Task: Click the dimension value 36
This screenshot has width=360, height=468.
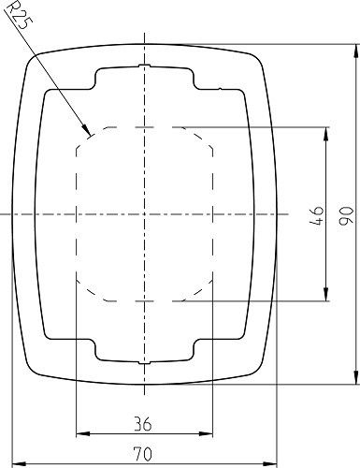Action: coord(143,424)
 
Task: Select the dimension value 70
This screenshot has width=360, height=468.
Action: coord(143,454)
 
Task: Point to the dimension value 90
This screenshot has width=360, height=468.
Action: coord(344,218)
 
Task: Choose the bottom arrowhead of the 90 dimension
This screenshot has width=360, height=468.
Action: coord(356,383)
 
